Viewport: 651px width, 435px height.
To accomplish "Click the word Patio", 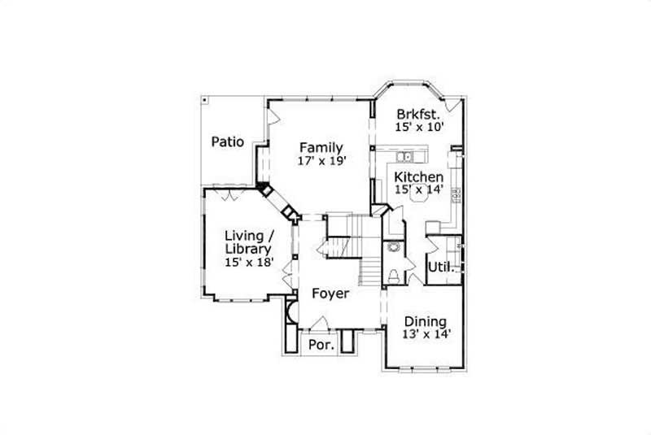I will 228,141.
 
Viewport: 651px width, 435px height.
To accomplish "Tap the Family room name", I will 320,147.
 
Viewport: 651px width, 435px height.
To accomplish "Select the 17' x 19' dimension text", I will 322,161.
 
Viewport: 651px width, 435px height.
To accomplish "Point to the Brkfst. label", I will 418,114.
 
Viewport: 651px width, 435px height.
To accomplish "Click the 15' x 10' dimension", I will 418,128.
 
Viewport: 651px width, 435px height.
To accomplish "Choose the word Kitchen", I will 419,176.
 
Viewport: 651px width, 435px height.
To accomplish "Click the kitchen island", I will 421,194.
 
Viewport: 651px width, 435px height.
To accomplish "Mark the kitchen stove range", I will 457,195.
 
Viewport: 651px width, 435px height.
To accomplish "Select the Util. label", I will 440,266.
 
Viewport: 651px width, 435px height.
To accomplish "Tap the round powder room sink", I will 395,246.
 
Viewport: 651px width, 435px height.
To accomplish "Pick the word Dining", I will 426,320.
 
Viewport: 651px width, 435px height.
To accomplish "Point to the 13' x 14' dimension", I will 426,334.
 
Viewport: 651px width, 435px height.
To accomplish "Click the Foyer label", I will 330,294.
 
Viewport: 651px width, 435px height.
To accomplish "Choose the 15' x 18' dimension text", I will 248,263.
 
